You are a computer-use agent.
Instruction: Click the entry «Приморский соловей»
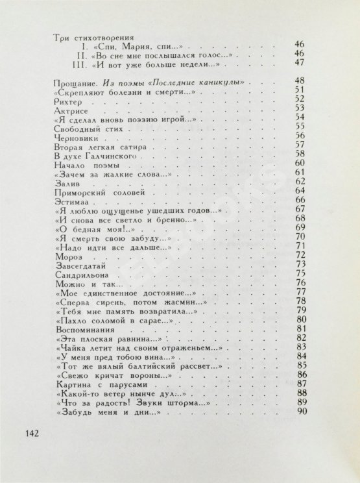click(x=93, y=193)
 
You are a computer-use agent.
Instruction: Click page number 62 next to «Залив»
click(x=299, y=182)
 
